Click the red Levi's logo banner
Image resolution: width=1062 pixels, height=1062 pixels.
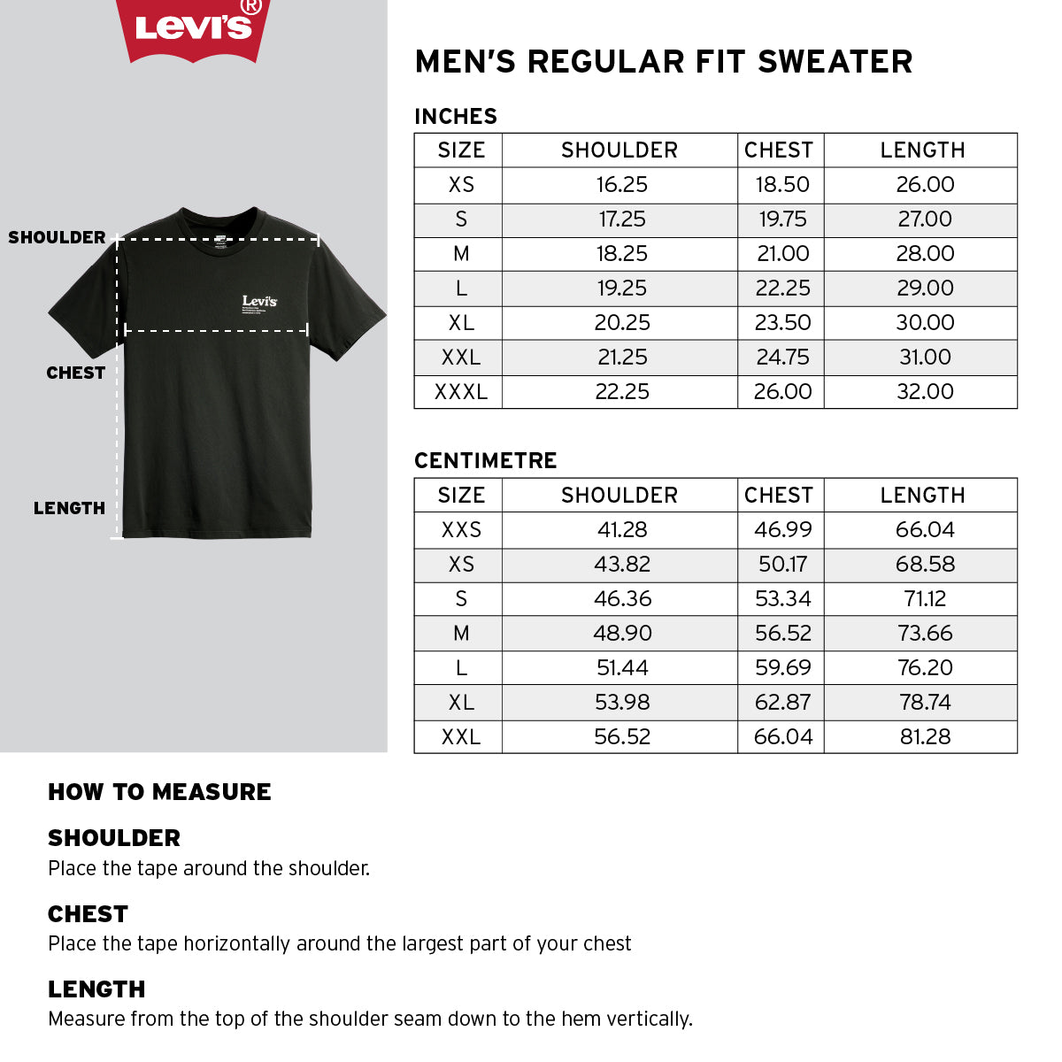(193, 28)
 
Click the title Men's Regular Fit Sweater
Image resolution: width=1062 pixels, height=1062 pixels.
(663, 62)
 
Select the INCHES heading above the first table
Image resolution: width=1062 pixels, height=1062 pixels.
(456, 116)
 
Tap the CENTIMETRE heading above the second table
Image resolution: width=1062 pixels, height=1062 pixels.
(485, 460)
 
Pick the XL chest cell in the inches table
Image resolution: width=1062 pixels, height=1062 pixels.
(782, 323)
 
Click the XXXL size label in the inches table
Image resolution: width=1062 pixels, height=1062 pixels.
(460, 392)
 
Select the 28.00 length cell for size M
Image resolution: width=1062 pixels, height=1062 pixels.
(925, 254)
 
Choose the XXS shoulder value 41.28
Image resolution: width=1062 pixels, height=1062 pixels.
(622, 530)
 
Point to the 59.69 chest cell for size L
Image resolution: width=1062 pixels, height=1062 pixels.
(782, 668)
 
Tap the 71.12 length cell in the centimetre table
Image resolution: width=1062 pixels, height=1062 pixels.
(925, 599)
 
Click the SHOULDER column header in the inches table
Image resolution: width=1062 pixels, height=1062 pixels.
(619, 150)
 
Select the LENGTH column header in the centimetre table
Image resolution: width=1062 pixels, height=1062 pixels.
(922, 496)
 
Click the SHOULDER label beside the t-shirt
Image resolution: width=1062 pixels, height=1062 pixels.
(57, 237)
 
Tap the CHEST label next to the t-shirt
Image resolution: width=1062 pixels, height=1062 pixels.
(75, 373)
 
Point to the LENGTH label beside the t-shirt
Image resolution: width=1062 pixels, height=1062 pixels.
(69, 508)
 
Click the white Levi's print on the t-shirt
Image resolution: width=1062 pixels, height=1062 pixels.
(259, 301)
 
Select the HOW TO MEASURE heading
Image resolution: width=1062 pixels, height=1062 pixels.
(159, 792)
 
